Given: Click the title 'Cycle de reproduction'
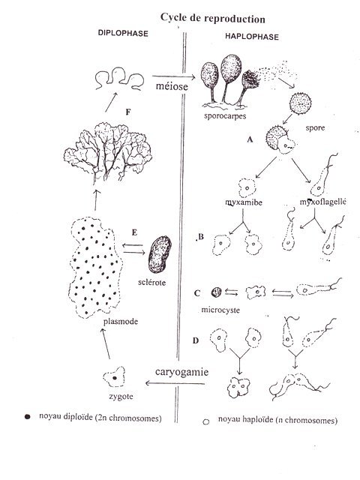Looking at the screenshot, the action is click(x=212, y=18).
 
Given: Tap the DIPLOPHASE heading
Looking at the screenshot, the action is click(x=123, y=33).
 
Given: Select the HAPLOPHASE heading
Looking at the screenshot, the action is click(x=252, y=37).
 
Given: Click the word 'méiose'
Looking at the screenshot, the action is click(x=172, y=86).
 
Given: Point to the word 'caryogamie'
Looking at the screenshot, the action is click(x=181, y=372).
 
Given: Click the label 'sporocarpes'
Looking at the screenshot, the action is click(x=225, y=116).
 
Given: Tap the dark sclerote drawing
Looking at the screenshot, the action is click(x=160, y=254).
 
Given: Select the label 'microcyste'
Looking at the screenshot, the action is click(x=220, y=310).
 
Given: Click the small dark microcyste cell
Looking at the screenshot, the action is click(x=216, y=292).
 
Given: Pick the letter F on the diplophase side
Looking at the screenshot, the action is click(x=128, y=112).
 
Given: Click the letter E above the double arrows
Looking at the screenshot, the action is click(x=134, y=232).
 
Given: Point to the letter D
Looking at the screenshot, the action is click(x=196, y=340).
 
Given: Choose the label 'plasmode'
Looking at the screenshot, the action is click(x=121, y=322).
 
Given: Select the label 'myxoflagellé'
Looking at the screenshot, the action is click(x=323, y=202).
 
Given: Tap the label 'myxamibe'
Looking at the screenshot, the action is click(x=244, y=202).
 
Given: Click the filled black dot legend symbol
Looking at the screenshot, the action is click(x=28, y=417).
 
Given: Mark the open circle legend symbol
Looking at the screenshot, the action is click(x=206, y=421).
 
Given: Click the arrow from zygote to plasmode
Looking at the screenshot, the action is click(x=105, y=343).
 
